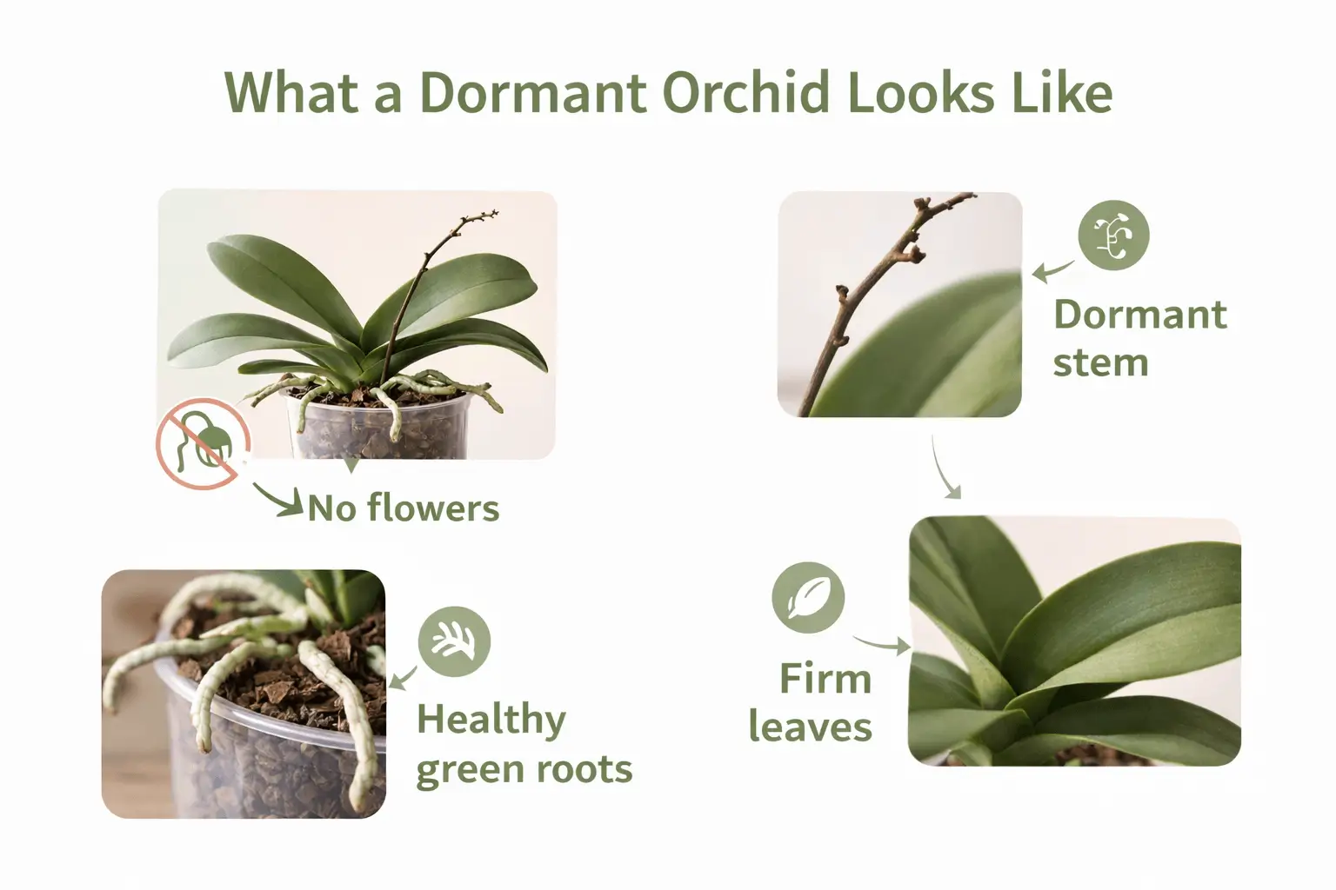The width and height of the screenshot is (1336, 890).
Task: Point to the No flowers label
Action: click(404, 508)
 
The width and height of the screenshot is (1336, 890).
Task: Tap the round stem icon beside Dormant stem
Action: click(1113, 235)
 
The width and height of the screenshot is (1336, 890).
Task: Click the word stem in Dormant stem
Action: click(1100, 363)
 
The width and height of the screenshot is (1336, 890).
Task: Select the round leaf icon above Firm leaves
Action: click(808, 597)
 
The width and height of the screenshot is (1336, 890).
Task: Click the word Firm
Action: click(825, 679)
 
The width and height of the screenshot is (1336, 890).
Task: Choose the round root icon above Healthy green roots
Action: click(454, 641)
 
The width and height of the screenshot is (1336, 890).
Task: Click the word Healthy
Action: click(491, 721)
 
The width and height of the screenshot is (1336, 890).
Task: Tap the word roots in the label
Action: click(583, 770)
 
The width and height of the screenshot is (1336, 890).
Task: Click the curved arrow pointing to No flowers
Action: click(278, 501)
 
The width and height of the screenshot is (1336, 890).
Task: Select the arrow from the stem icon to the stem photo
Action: click(1052, 271)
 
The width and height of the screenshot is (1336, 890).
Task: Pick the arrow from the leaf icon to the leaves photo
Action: click(881, 644)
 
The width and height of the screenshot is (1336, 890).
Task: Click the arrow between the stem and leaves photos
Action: click(945, 469)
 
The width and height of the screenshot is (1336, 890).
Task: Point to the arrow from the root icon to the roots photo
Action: click(401, 677)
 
